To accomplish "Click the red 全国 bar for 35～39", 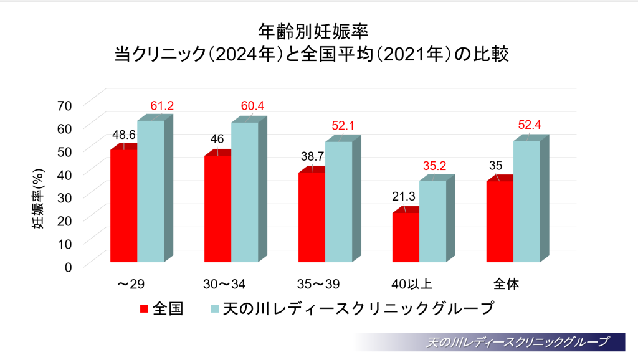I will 312,217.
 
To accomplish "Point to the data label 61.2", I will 161,106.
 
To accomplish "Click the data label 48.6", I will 124,134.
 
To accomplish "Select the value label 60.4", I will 252,106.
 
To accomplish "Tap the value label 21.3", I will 404,196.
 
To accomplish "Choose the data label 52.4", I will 530,125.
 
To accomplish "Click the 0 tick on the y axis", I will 69,266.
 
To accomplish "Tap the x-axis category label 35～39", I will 315,285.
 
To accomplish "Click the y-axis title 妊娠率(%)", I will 39,199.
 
